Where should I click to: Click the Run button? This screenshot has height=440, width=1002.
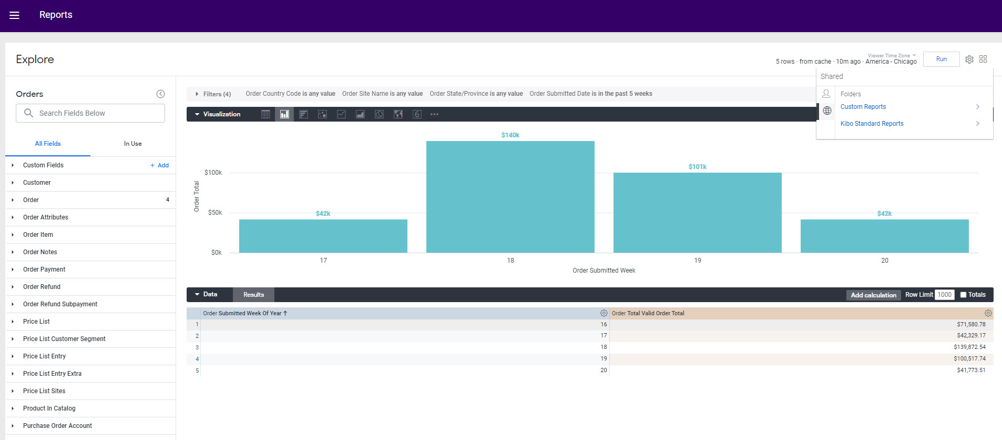(941, 59)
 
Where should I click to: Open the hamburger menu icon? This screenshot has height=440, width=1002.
(14, 15)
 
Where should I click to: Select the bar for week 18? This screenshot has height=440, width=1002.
(510, 197)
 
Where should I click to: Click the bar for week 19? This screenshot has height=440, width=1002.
(697, 213)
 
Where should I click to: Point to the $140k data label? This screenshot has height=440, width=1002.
(510, 135)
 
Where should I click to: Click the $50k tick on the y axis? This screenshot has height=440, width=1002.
(215, 213)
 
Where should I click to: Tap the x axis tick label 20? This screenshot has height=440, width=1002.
(884, 261)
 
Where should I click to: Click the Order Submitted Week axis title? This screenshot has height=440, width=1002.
(604, 271)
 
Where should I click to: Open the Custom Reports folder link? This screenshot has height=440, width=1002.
(863, 107)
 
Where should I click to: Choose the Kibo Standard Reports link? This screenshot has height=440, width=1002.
(872, 124)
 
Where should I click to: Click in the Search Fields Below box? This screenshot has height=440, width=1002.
(97, 113)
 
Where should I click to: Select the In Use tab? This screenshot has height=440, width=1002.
(132, 144)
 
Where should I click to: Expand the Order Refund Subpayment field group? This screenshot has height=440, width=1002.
(60, 304)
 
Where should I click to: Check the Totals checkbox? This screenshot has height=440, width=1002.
(963, 295)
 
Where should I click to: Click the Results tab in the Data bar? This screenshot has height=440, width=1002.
(253, 295)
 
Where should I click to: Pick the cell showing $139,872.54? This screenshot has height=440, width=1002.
(969, 347)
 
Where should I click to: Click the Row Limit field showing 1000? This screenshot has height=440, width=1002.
(944, 295)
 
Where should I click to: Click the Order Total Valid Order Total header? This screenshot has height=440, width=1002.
(648, 313)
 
